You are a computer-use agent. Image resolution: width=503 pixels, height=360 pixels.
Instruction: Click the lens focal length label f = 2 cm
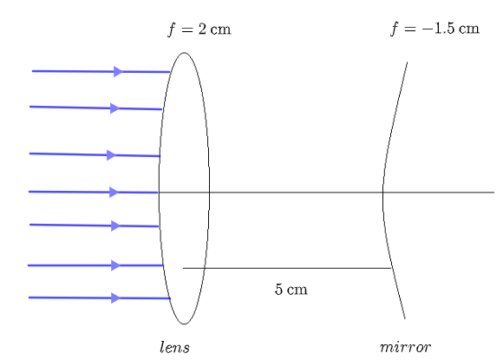199,29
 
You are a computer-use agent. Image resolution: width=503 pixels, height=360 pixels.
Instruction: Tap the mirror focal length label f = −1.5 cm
434,29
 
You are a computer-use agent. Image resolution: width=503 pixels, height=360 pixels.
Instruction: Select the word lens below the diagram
175,347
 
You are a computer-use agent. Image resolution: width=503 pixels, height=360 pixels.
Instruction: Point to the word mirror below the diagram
405,347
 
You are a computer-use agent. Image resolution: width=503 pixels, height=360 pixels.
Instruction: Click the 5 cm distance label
291,289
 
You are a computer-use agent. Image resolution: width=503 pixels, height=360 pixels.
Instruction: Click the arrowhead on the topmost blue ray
118,71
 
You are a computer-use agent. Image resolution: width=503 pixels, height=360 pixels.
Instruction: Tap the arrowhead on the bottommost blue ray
116,298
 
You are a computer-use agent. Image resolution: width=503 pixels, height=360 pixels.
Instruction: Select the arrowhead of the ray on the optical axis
114,193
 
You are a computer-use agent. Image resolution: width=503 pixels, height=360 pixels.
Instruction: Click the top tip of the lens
184,53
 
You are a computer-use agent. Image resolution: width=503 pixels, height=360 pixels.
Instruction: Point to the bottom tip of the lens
184,324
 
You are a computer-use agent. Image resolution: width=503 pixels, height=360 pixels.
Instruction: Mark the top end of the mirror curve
407,62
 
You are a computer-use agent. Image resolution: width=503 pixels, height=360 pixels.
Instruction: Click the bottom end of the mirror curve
405,318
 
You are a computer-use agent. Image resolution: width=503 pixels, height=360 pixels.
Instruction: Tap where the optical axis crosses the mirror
382,193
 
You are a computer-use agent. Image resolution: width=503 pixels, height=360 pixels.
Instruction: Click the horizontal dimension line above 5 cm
287,268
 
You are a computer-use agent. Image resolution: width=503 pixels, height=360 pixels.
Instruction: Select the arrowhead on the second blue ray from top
114,108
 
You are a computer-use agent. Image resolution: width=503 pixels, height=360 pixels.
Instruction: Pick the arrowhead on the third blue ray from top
112,155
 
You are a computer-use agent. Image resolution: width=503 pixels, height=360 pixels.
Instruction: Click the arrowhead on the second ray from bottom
116,265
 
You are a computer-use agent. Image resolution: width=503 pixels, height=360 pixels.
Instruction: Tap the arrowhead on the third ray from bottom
116,226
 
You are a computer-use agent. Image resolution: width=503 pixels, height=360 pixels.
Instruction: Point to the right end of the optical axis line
494,193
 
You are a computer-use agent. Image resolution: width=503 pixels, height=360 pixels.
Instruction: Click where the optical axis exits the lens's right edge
210,193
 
